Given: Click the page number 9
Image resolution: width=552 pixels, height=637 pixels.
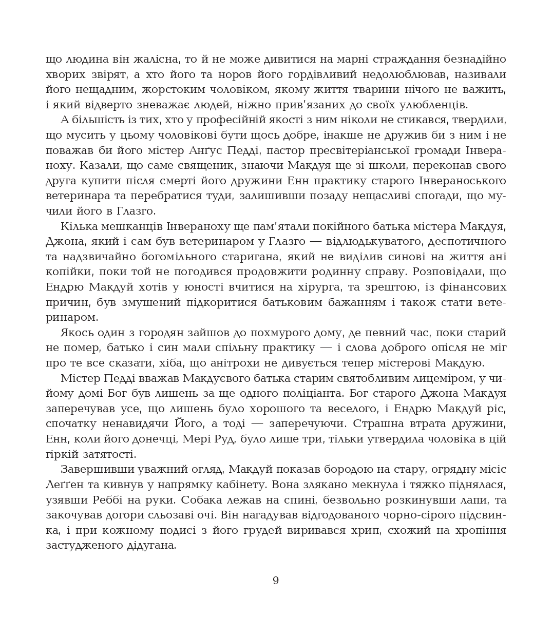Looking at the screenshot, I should [276, 581].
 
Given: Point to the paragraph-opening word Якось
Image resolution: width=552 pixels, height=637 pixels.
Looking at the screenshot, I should [75, 333].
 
